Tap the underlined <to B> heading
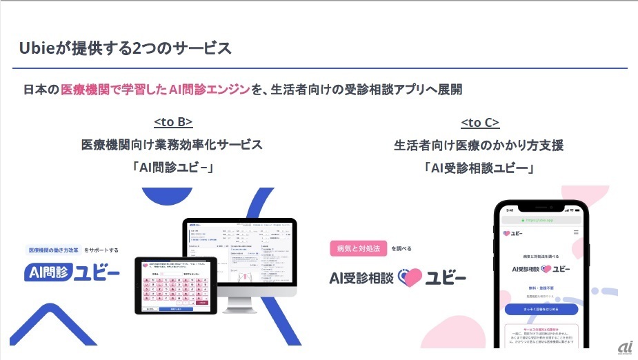click(172, 123)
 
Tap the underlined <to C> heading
click(480, 123)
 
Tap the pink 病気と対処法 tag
click(358, 248)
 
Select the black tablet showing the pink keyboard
click(175, 286)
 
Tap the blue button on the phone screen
click(541, 309)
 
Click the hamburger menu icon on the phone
click(576, 233)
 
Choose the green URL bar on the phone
click(541, 220)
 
